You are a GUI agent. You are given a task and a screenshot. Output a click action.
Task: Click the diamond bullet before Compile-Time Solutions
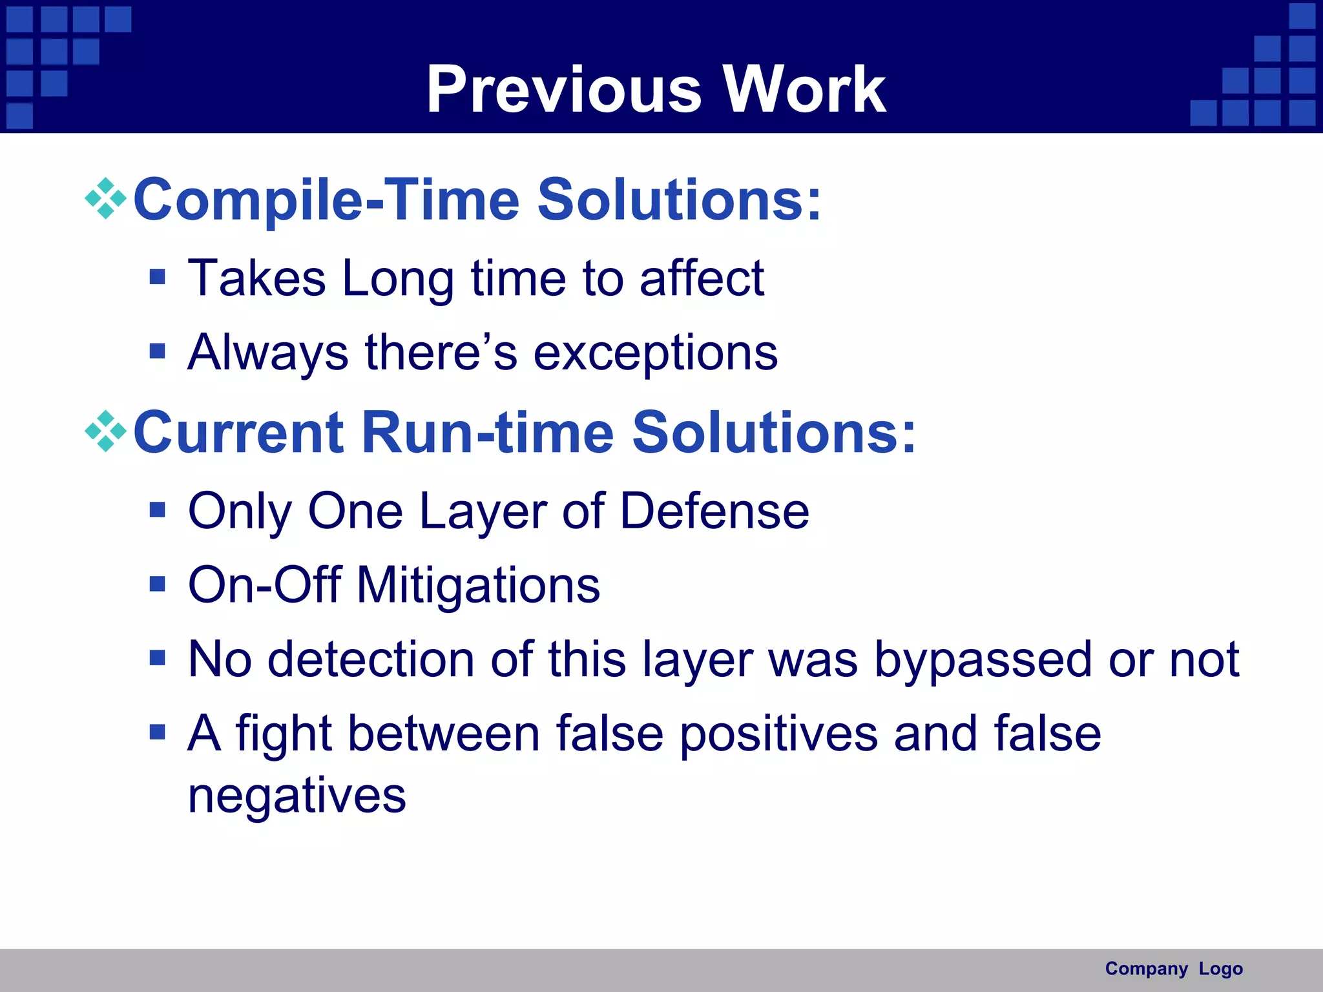coord(106,199)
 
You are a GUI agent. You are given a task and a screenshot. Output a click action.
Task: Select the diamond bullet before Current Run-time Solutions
coord(106,431)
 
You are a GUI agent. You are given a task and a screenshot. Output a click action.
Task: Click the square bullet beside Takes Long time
coord(157,278)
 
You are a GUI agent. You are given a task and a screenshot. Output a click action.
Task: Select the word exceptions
coord(655,354)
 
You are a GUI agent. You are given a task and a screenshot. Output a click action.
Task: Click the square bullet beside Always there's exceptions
coord(157,351)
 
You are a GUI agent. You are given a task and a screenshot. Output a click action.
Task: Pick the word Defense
coord(714,512)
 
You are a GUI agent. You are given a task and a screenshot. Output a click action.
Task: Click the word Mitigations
coord(478,585)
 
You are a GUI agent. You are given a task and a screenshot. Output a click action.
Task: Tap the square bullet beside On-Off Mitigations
coord(157,584)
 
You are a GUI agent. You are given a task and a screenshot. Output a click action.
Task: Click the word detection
coord(371,660)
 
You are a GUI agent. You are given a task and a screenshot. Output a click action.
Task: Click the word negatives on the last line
coord(297,797)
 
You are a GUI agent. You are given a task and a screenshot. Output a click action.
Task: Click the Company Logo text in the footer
coord(1173,969)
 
